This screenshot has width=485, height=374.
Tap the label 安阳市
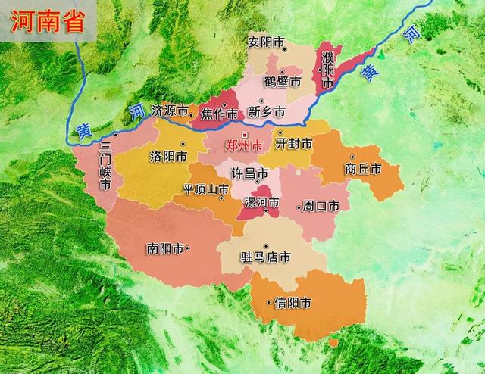pos(264,42)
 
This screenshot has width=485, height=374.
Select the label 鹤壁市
pos(282,80)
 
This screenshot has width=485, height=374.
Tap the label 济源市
pos(170,111)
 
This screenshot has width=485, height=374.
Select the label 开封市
pos(294,143)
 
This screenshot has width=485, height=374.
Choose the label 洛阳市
pos(167,157)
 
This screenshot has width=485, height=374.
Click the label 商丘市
pos(361,169)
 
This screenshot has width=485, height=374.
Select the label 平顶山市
pos(201,189)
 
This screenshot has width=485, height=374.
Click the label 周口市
pos(321,205)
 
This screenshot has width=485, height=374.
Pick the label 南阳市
pos(166,248)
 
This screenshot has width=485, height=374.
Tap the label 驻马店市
pos(264,257)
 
